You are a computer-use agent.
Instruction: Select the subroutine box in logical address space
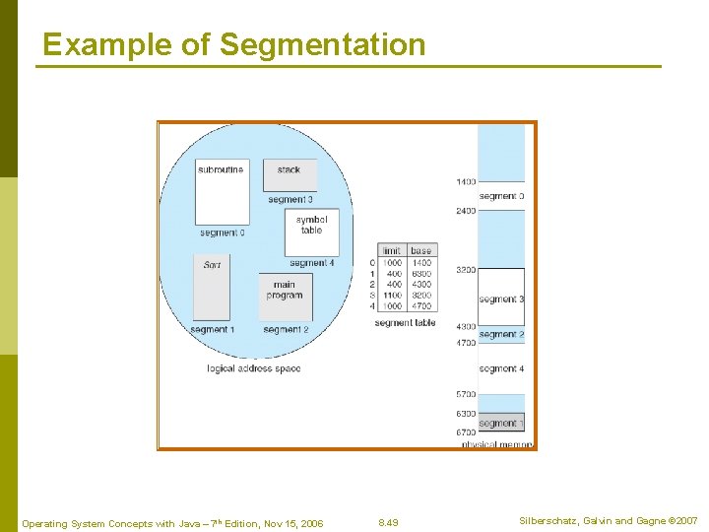(x=221, y=191)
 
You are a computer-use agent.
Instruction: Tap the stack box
(x=290, y=174)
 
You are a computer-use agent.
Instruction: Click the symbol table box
(x=311, y=231)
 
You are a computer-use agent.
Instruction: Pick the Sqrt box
(x=212, y=287)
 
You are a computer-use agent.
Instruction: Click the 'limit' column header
(x=390, y=251)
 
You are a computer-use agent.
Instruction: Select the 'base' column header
(x=420, y=251)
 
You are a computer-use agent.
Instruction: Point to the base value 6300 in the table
(x=420, y=274)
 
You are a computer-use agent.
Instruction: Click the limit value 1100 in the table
(x=391, y=295)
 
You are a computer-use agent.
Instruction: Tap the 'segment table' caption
(x=405, y=322)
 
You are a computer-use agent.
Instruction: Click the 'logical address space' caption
(x=253, y=368)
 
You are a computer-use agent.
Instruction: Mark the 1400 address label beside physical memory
(x=466, y=182)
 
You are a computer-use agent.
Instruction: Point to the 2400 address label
(x=466, y=211)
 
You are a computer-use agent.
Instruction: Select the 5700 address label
(x=466, y=394)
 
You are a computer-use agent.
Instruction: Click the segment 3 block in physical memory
(x=501, y=299)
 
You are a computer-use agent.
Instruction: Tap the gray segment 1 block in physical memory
(x=501, y=423)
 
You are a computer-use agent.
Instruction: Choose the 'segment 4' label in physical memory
(x=501, y=368)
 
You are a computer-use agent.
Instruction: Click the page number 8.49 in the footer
(x=389, y=523)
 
